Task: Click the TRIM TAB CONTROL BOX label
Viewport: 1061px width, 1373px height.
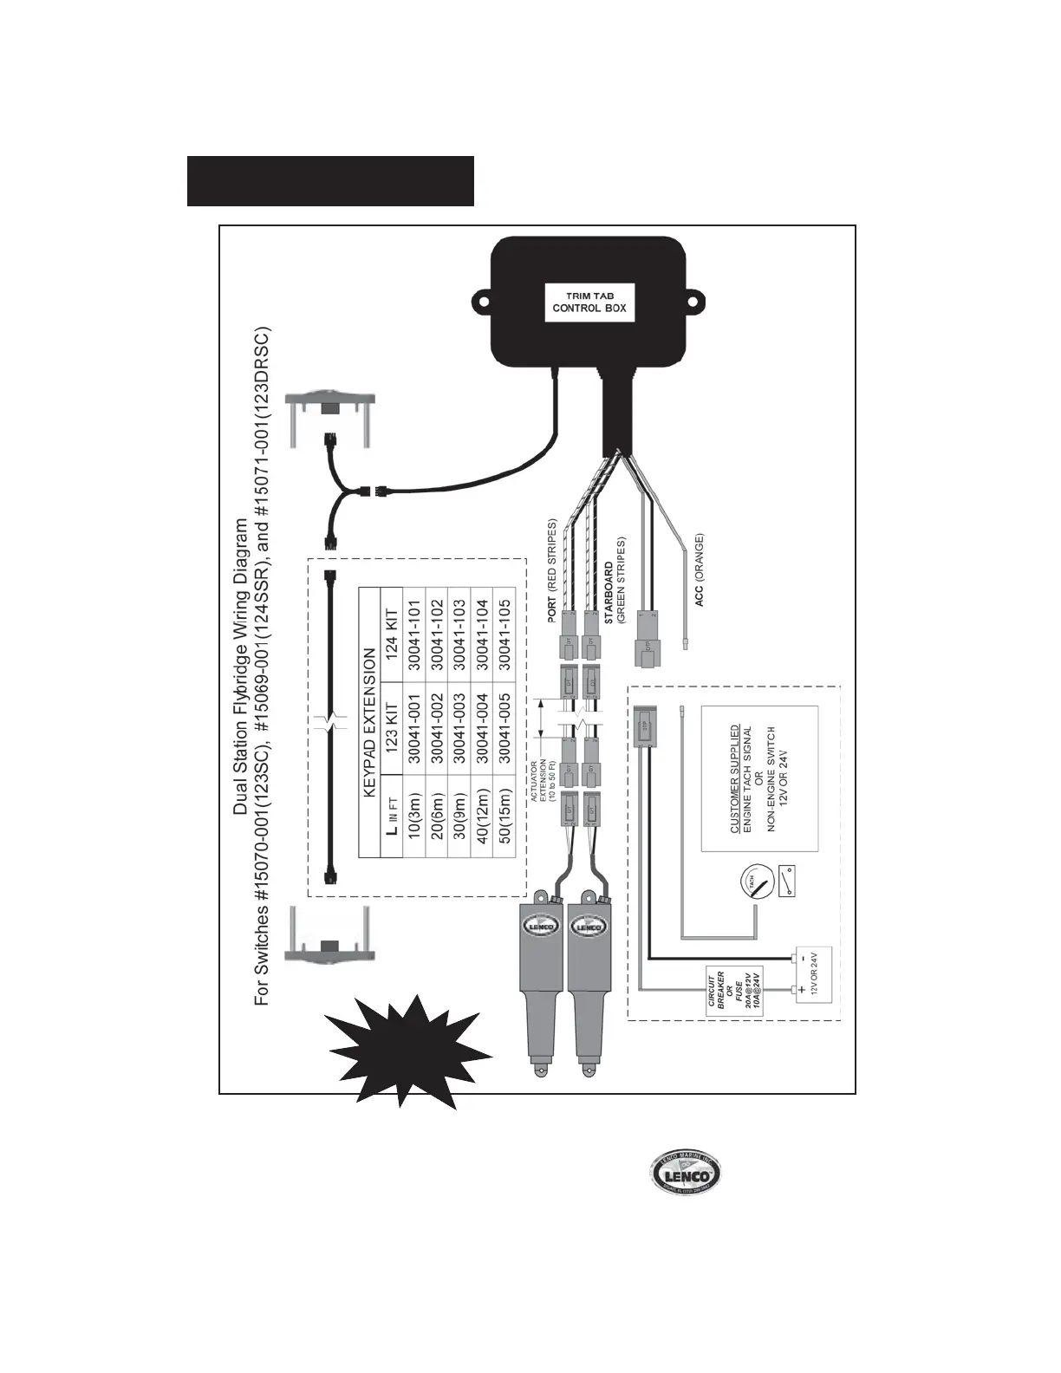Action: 589,303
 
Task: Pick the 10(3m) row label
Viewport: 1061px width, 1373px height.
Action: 413,815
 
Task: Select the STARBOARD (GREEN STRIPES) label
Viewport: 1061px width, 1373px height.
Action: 615,581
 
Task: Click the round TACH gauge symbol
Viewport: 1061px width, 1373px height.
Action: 752,883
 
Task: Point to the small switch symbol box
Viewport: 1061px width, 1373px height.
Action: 787,882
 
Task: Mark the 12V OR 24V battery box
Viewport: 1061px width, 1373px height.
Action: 813,974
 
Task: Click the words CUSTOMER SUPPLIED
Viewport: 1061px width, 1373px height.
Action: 735,779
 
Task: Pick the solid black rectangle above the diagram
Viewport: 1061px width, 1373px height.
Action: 330,181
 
